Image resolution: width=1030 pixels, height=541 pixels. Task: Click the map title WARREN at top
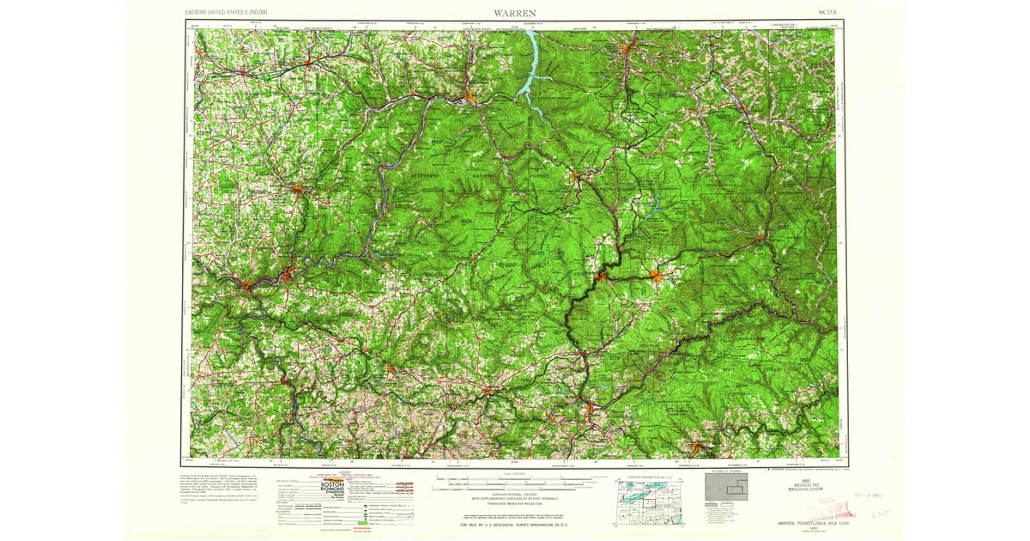point(515,12)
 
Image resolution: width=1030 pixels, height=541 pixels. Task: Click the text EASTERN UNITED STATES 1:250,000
point(227,13)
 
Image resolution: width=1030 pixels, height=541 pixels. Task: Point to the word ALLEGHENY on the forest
point(418,173)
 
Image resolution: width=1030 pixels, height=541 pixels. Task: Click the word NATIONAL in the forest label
point(486,177)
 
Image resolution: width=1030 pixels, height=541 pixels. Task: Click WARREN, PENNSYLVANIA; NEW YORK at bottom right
point(798,524)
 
